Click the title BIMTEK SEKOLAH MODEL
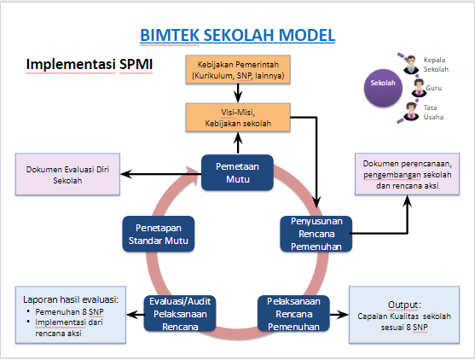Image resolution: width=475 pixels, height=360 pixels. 237,35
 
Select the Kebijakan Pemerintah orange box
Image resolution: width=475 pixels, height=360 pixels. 238,71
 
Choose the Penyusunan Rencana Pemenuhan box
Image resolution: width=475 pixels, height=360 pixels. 316,233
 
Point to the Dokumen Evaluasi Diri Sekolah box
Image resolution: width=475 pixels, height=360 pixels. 64,174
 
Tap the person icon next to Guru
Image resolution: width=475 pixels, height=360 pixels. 419,87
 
